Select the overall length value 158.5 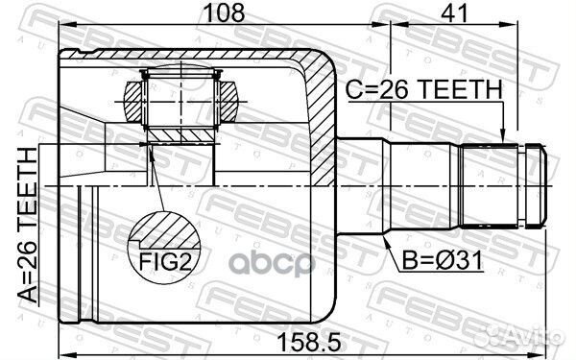click(x=304, y=339)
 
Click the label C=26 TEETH click(x=423, y=89)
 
